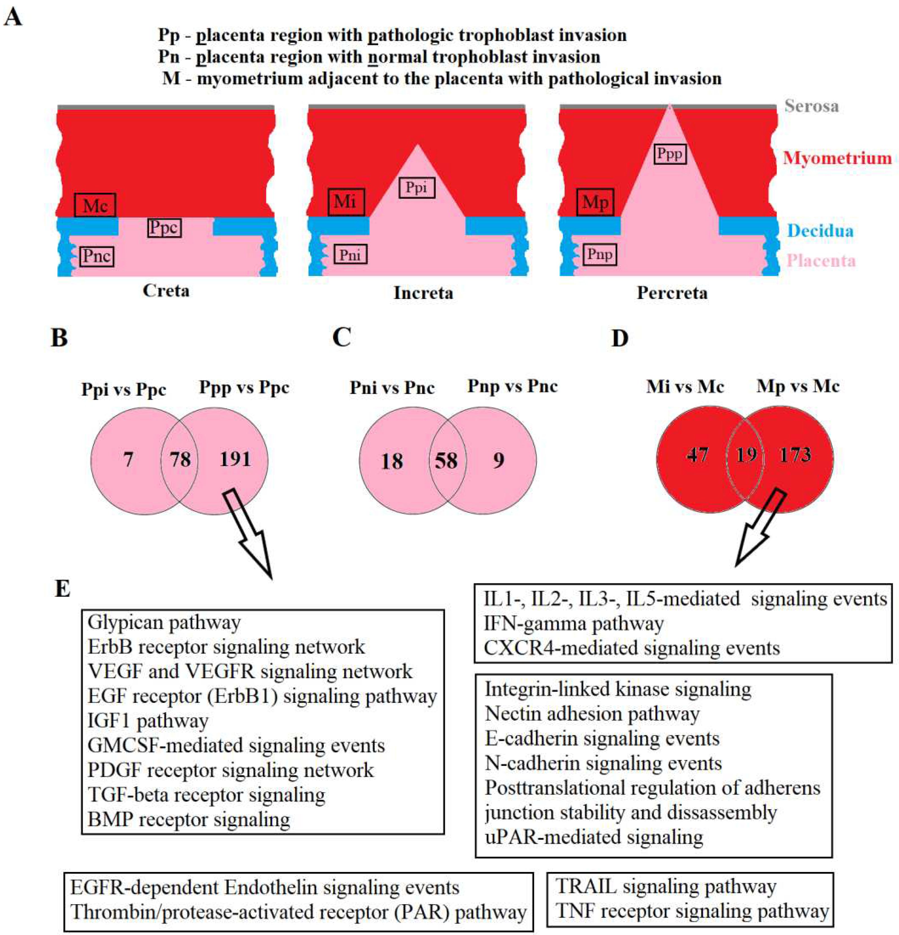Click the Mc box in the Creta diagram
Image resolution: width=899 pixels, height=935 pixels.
tap(95, 205)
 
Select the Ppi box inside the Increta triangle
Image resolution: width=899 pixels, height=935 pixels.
tap(416, 187)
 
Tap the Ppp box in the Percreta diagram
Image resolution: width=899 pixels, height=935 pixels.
tap(670, 154)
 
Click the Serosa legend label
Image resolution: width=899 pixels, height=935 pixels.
tap(811, 106)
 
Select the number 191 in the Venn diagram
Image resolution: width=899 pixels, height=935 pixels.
tap(235, 459)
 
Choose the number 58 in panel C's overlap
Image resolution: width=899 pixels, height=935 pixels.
tap(446, 461)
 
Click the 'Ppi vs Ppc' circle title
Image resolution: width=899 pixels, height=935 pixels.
tap(123, 389)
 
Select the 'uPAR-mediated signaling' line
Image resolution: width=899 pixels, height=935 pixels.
tap(594, 837)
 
